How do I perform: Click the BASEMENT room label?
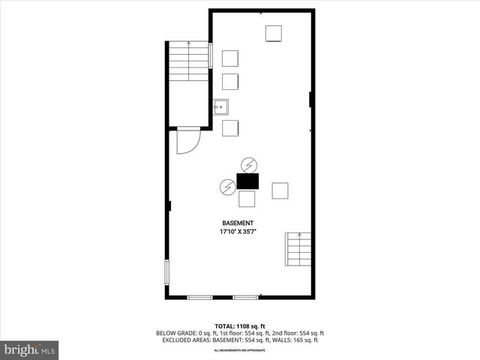click(238, 223)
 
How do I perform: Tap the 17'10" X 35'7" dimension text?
click(238, 233)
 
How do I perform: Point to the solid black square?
click(247, 181)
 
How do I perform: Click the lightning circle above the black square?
click(249, 164)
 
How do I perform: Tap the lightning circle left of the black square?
click(226, 186)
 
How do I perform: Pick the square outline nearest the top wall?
click(273, 34)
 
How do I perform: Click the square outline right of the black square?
click(280, 190)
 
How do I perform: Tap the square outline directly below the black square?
click(247, 199)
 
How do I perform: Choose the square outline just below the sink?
click(230, 127)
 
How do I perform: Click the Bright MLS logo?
click(30, 349)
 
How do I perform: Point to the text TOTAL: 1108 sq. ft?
click(240, 325)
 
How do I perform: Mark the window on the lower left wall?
click(167, 274)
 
